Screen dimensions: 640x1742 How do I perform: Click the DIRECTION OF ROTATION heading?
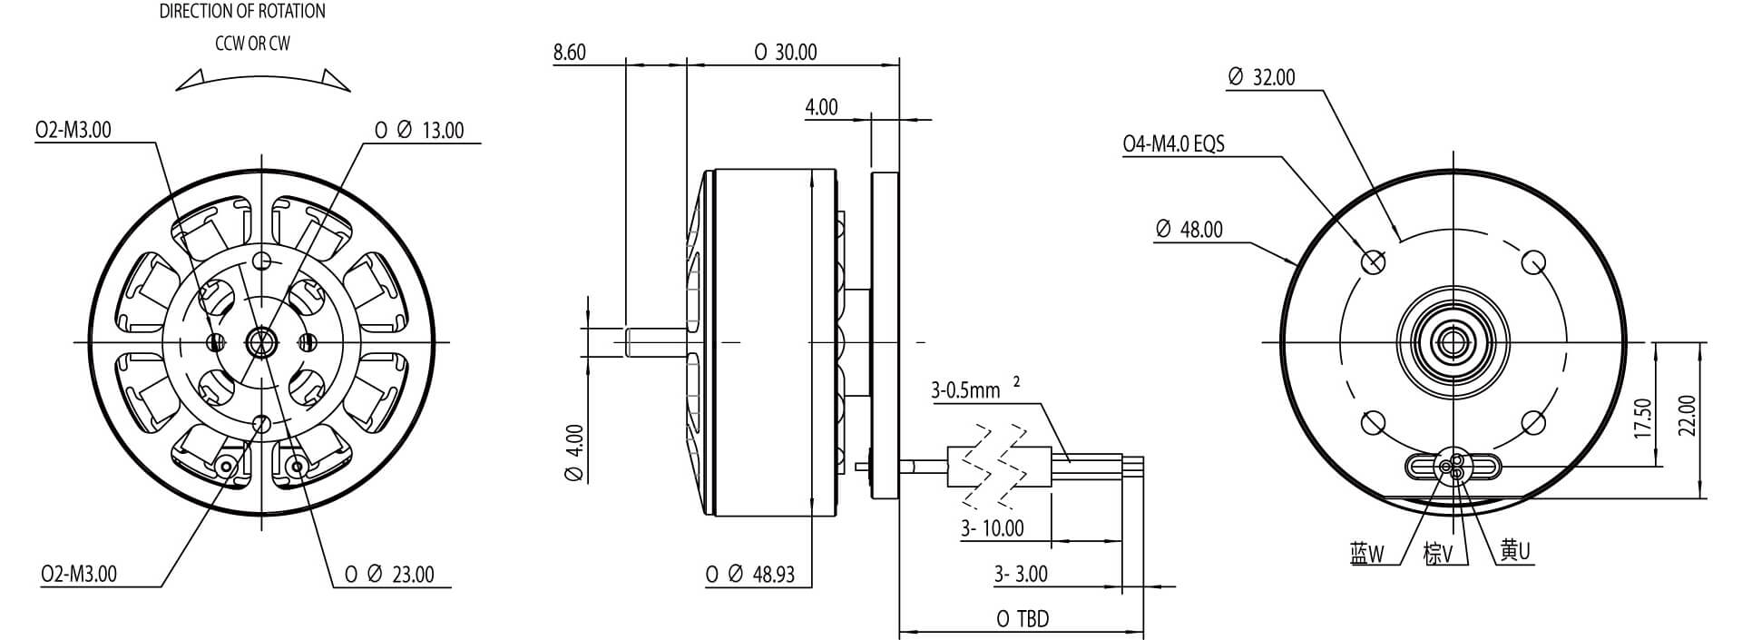(x=242, y=12)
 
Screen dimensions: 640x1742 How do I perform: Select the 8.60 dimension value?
(x=569, y=53)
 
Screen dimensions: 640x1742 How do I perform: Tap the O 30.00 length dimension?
(x=786, y=53)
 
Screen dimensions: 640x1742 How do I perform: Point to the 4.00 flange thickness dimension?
(x=821, y=107)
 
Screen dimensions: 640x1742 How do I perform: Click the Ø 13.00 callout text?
(x=420, y=131)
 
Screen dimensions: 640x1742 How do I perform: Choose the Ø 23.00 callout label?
(x=390, y=575)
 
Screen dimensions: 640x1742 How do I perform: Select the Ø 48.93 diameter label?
(x=750, y=575)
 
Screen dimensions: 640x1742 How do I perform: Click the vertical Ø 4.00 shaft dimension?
(x=574, y=453)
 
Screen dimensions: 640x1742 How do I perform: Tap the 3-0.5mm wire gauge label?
(x=967, y=391)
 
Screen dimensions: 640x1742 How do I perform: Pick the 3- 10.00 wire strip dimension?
(x=993, y=528)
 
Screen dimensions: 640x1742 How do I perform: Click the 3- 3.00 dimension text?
(x=1020, y=575)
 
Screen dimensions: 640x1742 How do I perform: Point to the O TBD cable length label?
(x=1023, y=619)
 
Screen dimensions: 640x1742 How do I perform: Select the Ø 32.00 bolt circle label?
(x=1261, y=78)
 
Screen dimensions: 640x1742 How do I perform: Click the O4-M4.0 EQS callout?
(x=1173, y=144)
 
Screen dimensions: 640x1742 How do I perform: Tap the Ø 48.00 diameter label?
(x=1189, y=230)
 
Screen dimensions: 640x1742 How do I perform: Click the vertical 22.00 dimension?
(x=1687, y=416)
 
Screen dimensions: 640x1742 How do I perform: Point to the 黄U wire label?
(x=1515, y=550)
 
